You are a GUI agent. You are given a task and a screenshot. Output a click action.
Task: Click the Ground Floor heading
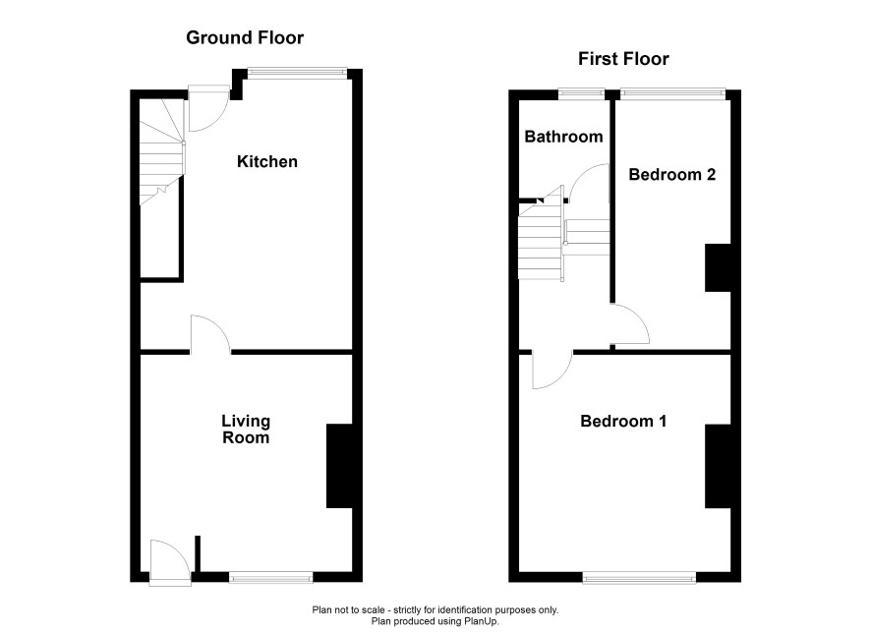click(x=245, y=37)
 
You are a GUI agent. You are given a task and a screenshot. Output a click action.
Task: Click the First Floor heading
click(x=623, y=59)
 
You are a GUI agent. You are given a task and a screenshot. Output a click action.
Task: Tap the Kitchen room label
click(x=267, y=161)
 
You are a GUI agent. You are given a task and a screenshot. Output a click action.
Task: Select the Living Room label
click(x=246, y=430)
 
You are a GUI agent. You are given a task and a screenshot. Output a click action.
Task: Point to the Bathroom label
click(x=563, y=137)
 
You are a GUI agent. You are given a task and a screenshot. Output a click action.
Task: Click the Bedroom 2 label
click(x=672, y=174)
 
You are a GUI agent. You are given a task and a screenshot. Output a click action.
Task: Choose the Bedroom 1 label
click(x=623, y=421)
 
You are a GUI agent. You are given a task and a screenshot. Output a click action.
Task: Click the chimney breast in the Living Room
click(x=339, y=466)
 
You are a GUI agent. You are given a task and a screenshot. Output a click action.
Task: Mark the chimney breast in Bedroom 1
click(x=718, y=467)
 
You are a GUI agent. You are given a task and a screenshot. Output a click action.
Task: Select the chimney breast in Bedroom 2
click(x=718, y=267)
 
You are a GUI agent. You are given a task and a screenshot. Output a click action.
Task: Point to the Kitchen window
click(x=297, y=71)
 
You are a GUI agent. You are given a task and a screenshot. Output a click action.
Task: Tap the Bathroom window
click(x=581, y=92)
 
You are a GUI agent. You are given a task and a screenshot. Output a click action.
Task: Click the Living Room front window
click(x=271, y=579)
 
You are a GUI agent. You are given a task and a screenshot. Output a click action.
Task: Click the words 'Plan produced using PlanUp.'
click(x=435, y=621)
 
